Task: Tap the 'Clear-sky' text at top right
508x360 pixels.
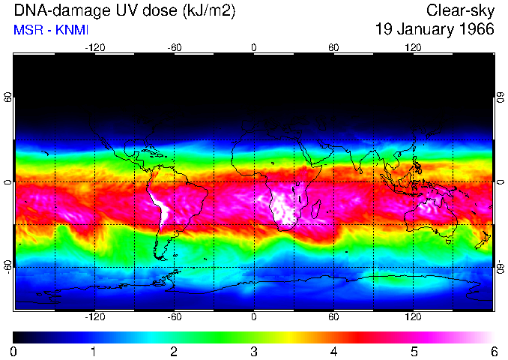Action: click(x=459, y=10)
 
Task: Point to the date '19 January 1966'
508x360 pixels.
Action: click(x=435, y=30)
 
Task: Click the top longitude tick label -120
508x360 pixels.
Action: click(x=94, y=47)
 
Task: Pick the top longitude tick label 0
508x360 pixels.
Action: click(x=254, y=47)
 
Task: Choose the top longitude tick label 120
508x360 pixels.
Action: click(x=413, y=47)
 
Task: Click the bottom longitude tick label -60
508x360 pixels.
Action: click(x=174, y=317)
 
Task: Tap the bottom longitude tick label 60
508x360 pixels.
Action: click(x=333, y=317)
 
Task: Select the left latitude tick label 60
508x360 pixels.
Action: click(x=8, y=98)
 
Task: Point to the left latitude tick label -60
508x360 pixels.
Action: click(x=8, y=266)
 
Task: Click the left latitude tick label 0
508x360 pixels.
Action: click(x=8, y=182)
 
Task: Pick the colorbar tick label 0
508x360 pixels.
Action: click(x=13, y=351)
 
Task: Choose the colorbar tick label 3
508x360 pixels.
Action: click(x=253, y=351)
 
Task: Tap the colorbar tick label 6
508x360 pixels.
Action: click(x=493, y=351)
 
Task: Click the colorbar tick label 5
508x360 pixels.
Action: click(x=414, y=351)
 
